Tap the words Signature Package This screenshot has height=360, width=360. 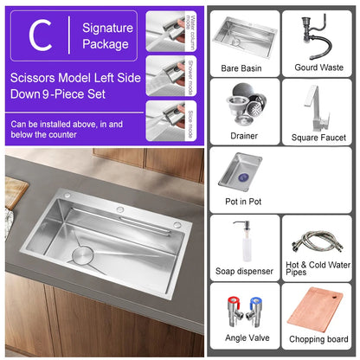coord(107,35)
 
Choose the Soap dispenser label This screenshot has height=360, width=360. coord(243,270)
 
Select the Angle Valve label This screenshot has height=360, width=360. coord(243,339)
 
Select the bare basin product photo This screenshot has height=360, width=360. coord(243,35)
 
